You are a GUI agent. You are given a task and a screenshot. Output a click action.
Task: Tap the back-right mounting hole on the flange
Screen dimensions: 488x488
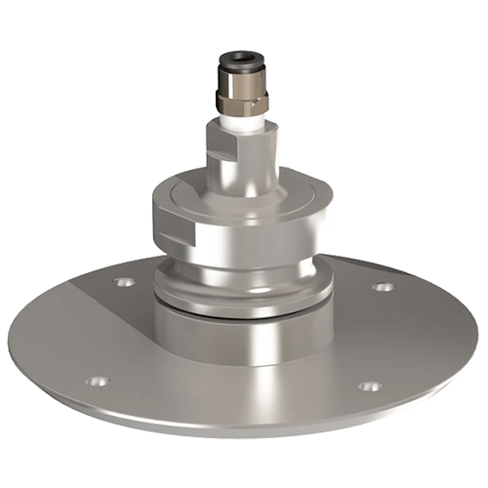385,288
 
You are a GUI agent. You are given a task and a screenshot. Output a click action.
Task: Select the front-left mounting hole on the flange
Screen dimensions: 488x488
95,382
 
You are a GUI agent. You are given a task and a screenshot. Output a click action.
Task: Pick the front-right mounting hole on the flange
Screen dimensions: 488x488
368,386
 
